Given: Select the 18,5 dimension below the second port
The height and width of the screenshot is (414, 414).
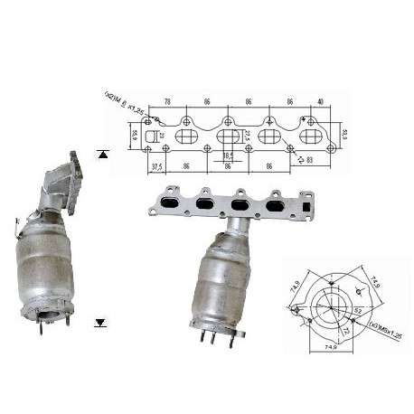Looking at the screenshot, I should pos(228,155).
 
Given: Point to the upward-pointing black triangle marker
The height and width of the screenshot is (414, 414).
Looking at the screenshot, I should pos(102,154).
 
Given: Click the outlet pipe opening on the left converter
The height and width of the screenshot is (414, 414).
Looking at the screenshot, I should pos(52,315).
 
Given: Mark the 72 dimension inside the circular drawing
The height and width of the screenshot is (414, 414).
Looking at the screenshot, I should pos(344,322).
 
